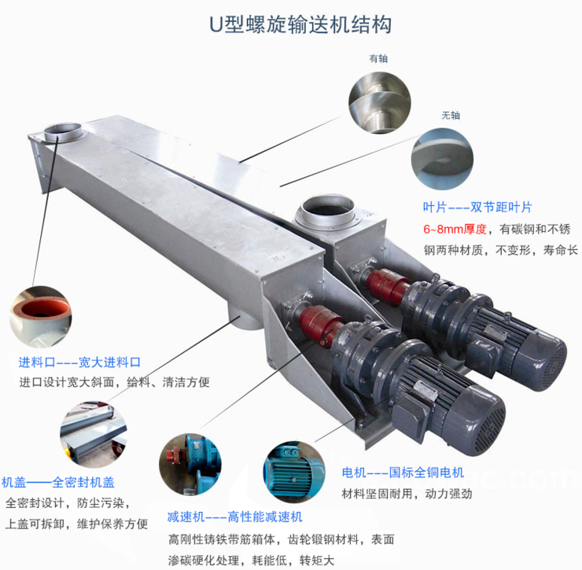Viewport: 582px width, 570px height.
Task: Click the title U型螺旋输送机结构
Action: tap(300, 24)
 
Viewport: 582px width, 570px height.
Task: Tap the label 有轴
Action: tap(378, 59)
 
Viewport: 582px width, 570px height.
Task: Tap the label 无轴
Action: tap(450, 115)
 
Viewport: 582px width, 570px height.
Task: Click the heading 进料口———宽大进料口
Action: tap(79, 362)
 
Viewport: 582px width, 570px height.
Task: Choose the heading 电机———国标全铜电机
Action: tap(403, 473)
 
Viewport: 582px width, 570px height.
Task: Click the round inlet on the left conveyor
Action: tap(62, 131)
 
